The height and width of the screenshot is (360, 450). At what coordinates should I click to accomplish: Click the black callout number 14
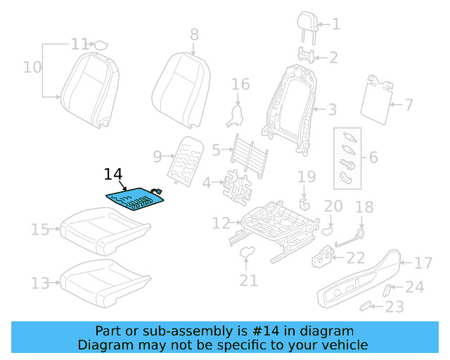coord(112,174)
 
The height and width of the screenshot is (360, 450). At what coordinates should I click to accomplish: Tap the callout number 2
coord(334,58)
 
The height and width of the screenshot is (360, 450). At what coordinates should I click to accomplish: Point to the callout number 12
coord(221,224)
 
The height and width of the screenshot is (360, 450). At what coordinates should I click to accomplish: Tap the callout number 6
coord(373,157)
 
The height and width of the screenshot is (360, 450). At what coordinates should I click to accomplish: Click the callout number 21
coord(247,281)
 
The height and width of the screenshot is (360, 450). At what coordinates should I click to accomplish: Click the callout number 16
coord(240,85)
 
